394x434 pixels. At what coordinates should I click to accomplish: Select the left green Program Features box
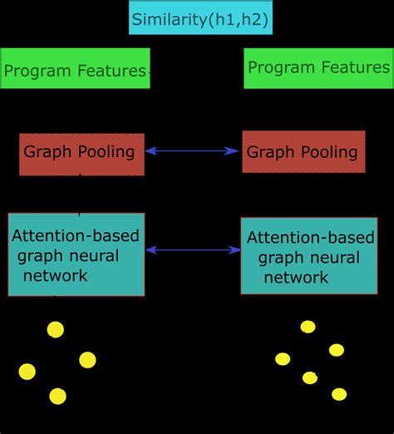coord(75,69)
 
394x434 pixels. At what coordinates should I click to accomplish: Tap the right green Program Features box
coord(318,68)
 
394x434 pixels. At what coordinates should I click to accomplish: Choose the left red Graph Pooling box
coord(81,152)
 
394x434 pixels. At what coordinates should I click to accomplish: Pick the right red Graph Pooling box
coord(303,151)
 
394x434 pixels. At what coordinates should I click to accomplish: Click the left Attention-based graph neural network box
coord(76,254)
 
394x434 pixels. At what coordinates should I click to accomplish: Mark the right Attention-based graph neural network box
coord(303,256)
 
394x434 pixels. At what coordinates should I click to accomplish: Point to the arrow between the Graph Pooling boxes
coord(193,151)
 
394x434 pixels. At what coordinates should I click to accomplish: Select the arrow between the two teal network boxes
coord(193,249)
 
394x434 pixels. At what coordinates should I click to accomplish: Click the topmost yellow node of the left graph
coord(56,330)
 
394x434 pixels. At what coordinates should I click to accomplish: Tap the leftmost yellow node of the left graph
coord(27,371)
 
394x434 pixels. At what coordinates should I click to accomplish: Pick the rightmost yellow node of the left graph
coord(87,359)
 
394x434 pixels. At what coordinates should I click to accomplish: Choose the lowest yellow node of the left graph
coord(57,396)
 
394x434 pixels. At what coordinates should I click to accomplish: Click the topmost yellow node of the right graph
coord(308,327)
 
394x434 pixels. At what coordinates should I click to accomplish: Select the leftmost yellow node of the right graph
coord(283,359)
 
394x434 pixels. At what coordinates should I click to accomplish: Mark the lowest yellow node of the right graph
coord(338,394)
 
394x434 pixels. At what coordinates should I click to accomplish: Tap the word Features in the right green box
coord(353,67)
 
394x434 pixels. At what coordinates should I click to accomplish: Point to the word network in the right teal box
coord(296,278)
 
